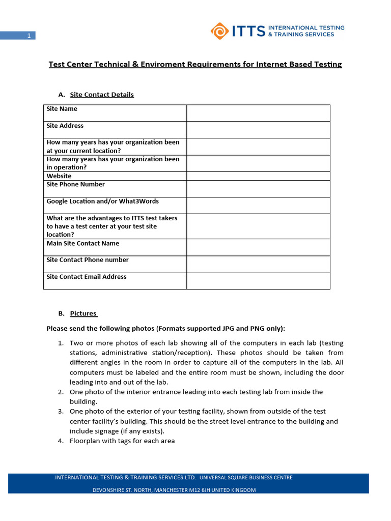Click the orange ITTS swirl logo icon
click(x=220, y=31)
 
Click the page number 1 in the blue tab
click(x=29, y=36)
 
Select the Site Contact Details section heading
click(x=102, y=95)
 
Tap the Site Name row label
click(x=62, y=109)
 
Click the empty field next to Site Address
click(x=258, y=130)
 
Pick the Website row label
click(x=59, y=176)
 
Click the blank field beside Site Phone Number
click(x=258, y=189)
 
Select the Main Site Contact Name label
click(x=82, y=243)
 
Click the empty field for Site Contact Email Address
click(x=258, y=281)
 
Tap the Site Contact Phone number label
click(x=88, y=260)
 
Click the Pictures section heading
click(x=83, y=313)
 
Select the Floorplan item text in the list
click(x=122, y=441)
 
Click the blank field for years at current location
click(x=258, y=147)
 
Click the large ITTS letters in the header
click(x=248, y=32)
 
